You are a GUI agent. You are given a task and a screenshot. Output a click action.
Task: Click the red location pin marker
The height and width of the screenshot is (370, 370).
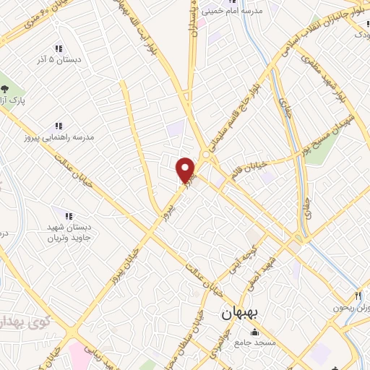click(186, 169)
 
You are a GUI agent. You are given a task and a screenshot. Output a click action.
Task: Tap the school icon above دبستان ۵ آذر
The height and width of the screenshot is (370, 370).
click(59, 47)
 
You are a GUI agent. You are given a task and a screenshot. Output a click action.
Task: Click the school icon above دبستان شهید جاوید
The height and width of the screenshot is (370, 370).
click(69, 215)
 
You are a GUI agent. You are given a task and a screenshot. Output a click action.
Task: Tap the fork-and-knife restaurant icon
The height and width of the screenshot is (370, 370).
click(357, 296)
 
